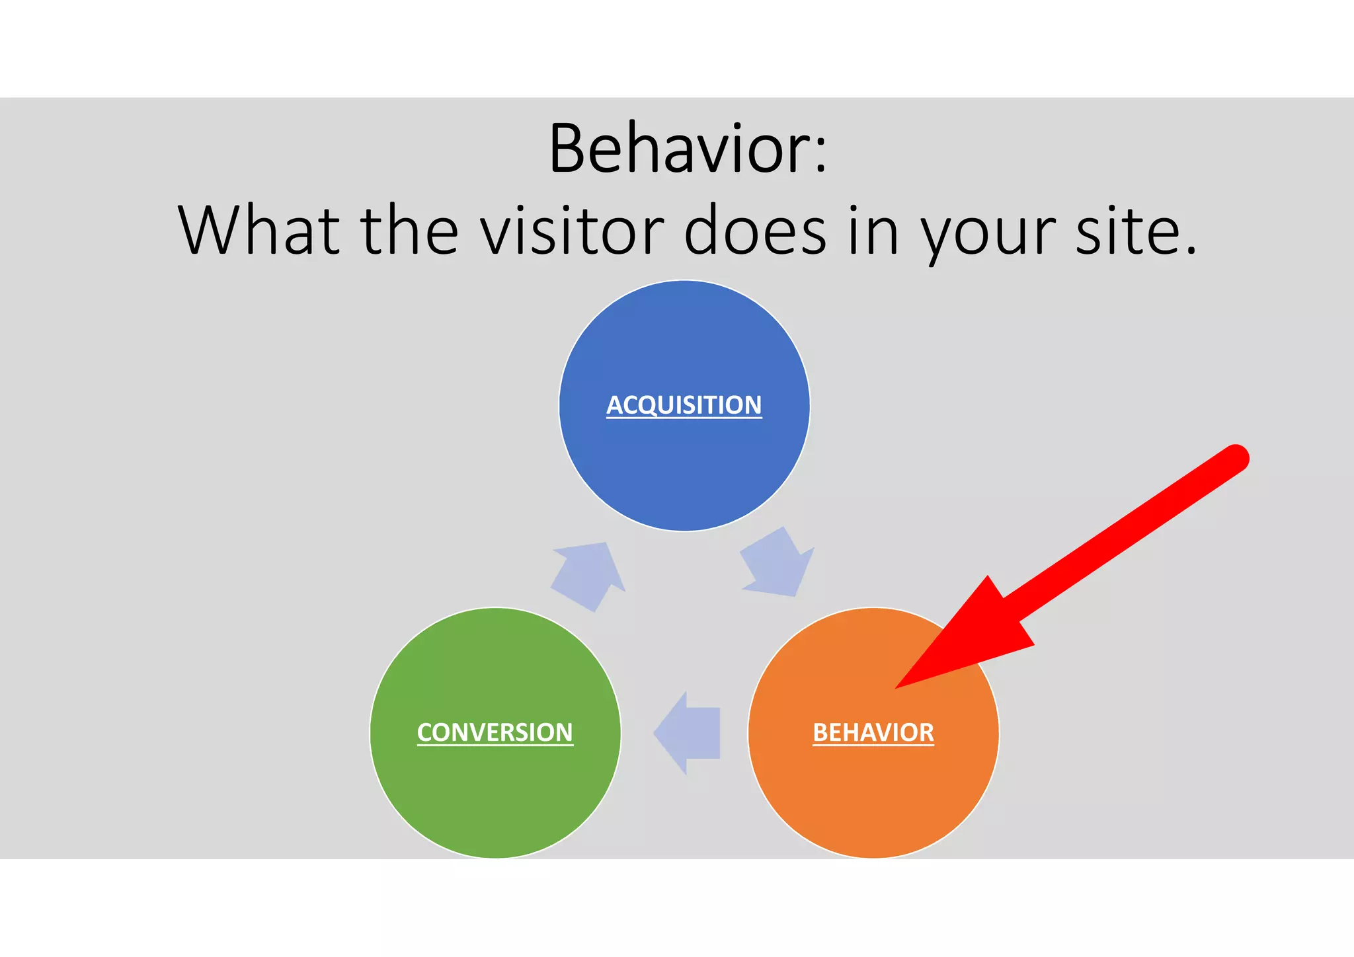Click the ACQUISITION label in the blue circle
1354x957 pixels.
[684, 404]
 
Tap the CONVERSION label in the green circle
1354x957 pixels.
[495, 732]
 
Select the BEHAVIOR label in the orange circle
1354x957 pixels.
[873, 732]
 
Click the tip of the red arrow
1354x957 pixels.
[898, 687]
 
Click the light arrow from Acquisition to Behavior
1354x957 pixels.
[777, 564]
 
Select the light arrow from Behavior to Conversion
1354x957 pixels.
[688, 733]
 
